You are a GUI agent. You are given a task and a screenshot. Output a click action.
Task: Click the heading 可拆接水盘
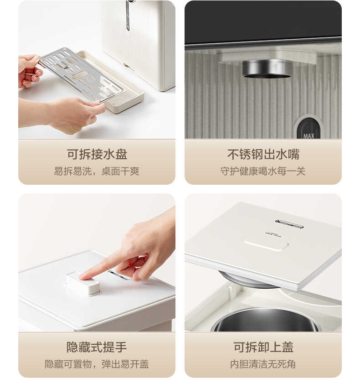click(97, 154)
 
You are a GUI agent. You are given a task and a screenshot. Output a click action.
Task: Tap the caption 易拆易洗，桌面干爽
click(97, 172)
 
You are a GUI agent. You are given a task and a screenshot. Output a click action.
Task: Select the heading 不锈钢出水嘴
click(263, 154)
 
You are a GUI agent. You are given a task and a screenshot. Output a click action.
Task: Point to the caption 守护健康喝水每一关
click(263, 172)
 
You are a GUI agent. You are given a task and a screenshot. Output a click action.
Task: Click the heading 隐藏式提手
click(97, 347)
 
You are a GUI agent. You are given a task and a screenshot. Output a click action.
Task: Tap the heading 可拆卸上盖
click(263, 347)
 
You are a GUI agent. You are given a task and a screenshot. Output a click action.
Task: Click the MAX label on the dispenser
click(309, 135)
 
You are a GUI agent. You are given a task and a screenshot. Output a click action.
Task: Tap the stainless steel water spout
click(267, 68)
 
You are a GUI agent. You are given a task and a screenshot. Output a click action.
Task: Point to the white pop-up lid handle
click(83, 283)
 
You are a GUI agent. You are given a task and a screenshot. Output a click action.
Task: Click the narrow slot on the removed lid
click(289, 224)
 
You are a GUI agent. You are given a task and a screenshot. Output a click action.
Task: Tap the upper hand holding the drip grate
click(28, 70)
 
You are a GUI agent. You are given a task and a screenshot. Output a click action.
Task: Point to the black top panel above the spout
click(263, 21)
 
